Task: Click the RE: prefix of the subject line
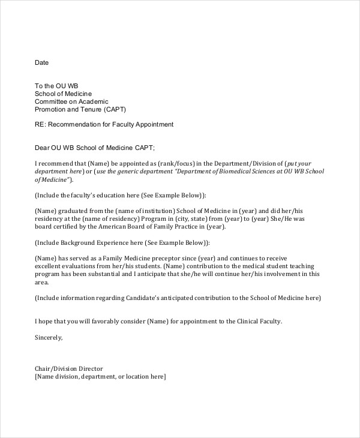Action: pos(40,125)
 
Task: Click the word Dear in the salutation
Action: pos(42,148)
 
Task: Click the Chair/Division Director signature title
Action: pos(69,368)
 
